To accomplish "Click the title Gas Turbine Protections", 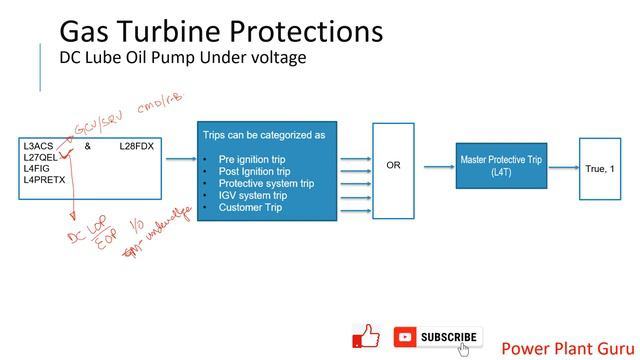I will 220,31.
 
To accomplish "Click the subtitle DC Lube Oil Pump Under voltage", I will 183,58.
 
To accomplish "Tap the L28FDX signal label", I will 136,146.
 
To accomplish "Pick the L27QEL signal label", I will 41,157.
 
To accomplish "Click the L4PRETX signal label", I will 44,180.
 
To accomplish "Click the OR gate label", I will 393,165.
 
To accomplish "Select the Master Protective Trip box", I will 501,166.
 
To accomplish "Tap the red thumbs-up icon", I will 367,337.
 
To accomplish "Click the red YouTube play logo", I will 405,337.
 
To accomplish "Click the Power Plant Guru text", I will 565,348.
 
